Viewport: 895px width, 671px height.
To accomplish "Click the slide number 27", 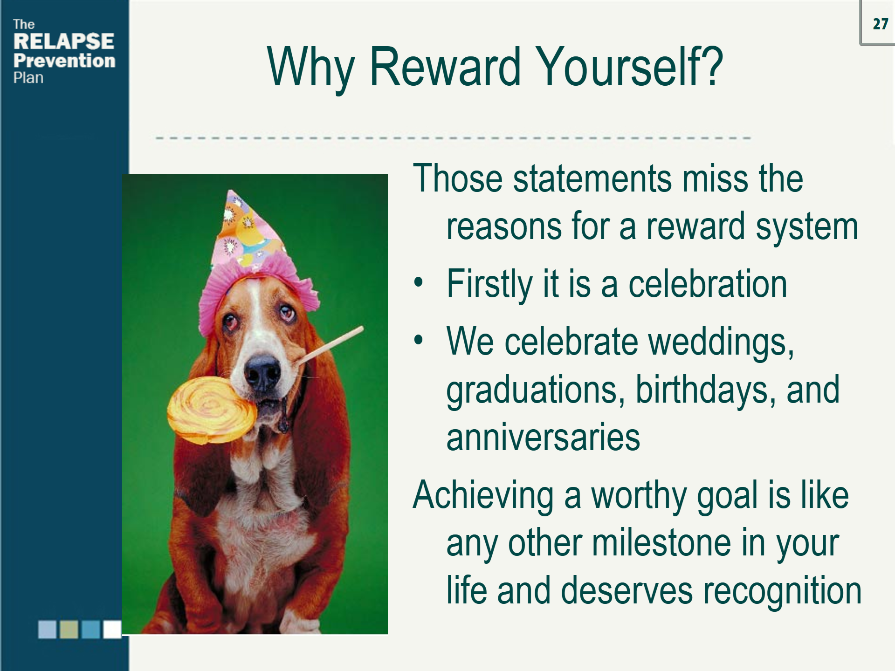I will (x=880, y=24).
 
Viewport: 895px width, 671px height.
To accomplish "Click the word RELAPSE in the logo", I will (x=64, y=41).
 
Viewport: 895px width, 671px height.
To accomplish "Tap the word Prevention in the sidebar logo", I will (x=64, y=61).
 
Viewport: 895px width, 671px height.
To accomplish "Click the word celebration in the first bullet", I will (x=708, y=284).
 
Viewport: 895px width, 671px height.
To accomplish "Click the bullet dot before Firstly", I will (x=419, y=282).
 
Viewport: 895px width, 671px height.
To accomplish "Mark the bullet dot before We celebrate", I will (x=419, y=340).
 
